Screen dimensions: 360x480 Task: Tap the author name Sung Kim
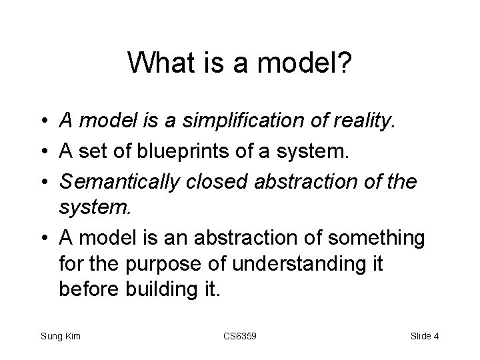pos(60,336)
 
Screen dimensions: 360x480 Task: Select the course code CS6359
pos(239,336)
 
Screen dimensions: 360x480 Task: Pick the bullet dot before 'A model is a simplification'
pos(43,121)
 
